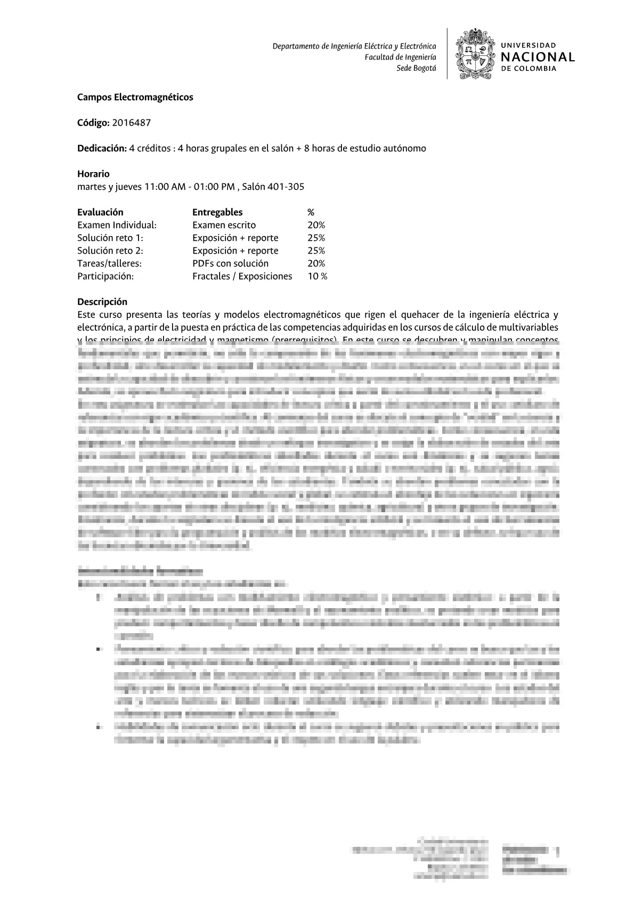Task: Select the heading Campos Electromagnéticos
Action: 135,97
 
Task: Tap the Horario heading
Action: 93,174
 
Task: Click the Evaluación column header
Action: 100,212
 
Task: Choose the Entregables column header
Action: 217,212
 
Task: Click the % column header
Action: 311,212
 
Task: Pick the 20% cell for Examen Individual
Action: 316,225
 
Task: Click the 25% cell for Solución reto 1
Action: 316,238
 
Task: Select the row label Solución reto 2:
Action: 110,250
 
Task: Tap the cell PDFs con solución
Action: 230,263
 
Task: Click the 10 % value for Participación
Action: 318,276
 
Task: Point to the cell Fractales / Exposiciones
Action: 242,276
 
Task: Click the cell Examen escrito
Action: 224,225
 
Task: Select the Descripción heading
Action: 102,302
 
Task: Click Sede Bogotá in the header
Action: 416,68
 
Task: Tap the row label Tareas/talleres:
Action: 109,263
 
